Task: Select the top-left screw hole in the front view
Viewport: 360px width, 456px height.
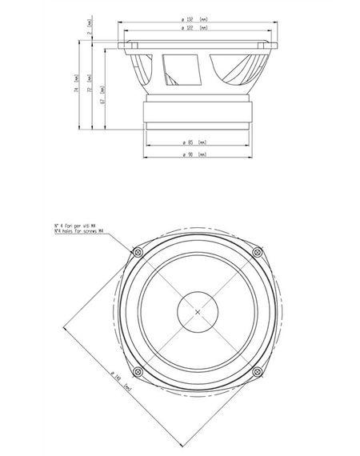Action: click(x=138, y=253)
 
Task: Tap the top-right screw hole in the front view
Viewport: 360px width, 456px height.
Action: click(x=257, y=253)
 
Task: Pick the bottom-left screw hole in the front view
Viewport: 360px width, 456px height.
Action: click(x=138, y=371)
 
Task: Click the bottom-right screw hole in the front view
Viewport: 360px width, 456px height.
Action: click(x=257, y=371)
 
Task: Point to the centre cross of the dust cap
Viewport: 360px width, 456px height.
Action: click(x=198, y=312)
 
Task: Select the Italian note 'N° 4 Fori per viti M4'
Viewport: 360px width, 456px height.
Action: click(x=80, y=226)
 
